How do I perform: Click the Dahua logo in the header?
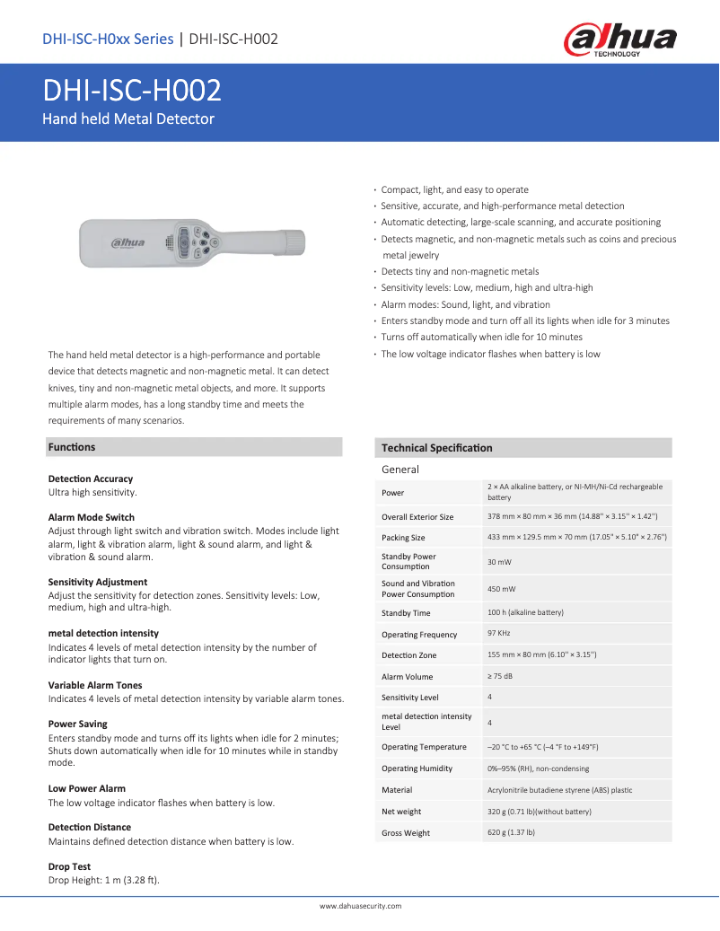619,40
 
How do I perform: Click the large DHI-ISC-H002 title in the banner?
133,91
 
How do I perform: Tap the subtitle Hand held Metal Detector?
129,119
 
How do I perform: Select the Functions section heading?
72,447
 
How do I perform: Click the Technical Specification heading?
436,448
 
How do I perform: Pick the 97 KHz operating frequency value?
499,634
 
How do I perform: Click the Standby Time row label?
406,613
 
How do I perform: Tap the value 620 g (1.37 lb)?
511,833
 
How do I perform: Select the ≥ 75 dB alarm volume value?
501,677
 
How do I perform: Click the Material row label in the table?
397,790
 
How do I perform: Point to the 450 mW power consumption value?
501,589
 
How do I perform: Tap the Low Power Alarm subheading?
86,788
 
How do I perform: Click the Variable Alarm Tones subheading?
94,685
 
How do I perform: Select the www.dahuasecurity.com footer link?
360,907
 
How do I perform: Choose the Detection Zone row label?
408,655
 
